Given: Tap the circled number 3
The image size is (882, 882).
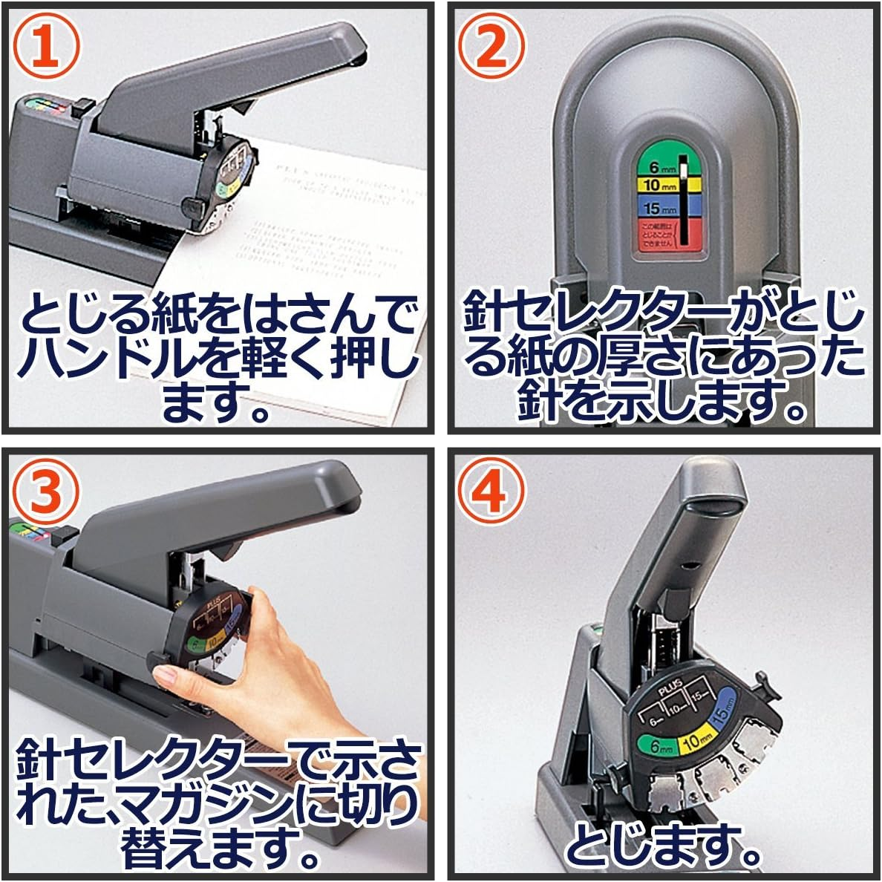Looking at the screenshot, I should [x=47, y=493].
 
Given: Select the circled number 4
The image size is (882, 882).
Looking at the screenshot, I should [x=491, y=493].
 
